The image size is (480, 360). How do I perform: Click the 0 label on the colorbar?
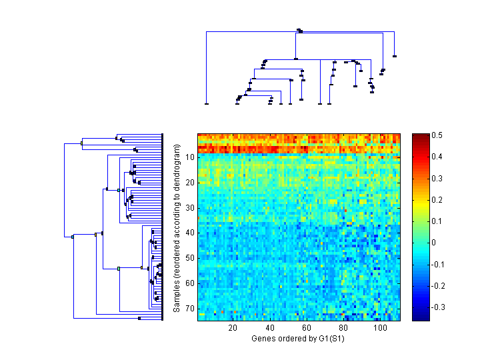click(x=435, y=243)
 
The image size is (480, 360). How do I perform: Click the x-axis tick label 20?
click(x=233, y=329)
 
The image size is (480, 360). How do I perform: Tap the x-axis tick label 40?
click(x=270, y=329)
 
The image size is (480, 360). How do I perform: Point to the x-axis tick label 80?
click(x=343, y=329)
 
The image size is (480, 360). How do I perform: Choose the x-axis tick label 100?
click(x=380, y=329)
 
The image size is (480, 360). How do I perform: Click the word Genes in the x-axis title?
click(x=263, y=339)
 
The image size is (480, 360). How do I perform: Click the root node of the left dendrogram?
click(x=73, y=236)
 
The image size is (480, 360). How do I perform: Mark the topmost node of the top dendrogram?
click(x=299, y=30)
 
